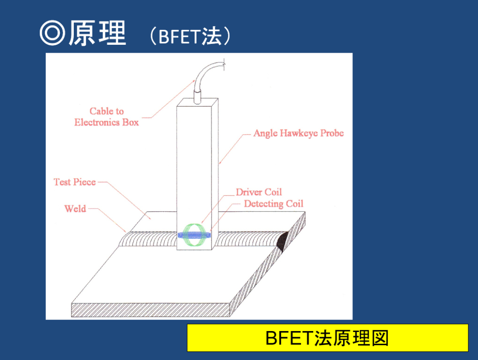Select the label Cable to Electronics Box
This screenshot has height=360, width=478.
106,117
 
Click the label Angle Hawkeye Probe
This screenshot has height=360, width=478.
298,133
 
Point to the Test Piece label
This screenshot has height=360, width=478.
75,182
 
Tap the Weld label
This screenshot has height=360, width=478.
75,209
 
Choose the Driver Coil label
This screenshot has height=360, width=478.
259,192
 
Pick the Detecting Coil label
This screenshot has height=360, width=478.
274,204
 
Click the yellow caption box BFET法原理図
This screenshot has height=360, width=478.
327,338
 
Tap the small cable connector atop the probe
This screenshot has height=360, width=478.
197,97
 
